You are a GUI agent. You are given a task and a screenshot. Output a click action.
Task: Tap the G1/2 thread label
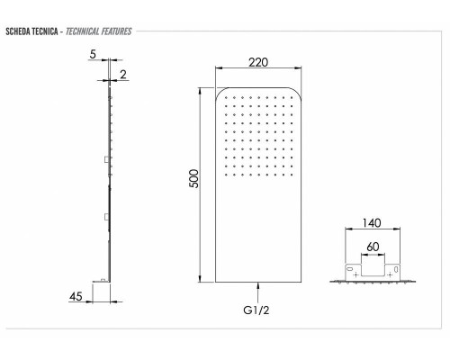click(258, 311)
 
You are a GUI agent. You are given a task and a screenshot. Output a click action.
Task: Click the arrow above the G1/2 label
click(258, 292)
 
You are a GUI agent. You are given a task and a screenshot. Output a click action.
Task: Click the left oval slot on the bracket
click(348, 267)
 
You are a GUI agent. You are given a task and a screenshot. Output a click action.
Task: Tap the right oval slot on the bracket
click(396, 267)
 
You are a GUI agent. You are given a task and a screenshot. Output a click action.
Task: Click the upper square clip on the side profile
click(106, 159)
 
